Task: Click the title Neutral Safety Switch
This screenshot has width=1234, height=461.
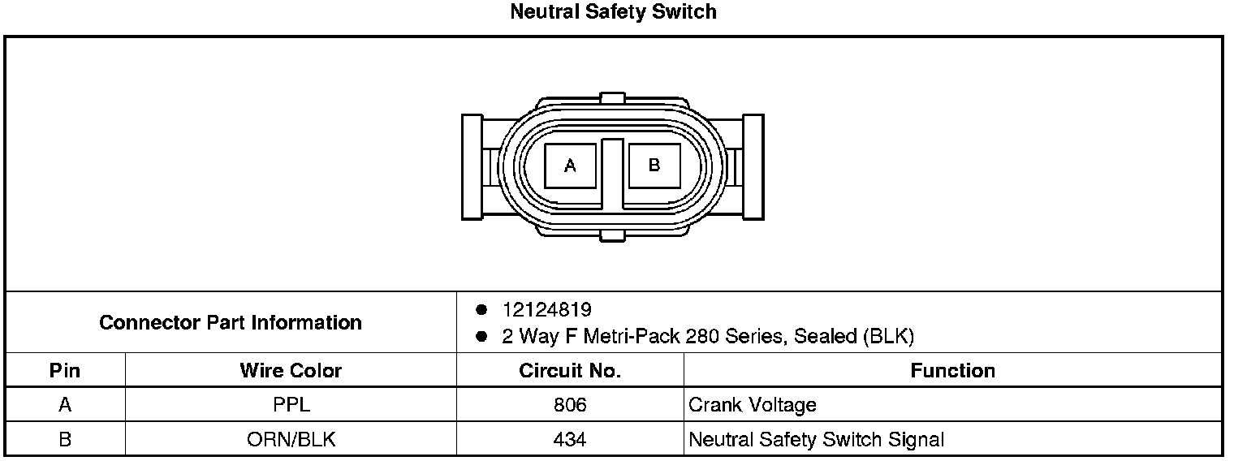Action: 613,11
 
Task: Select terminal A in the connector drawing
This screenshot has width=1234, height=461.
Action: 570,166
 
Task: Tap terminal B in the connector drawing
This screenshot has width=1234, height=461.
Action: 654,166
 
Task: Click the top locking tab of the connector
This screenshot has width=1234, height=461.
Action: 612,98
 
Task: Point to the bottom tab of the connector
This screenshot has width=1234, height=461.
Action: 612,235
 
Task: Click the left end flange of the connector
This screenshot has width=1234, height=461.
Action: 472,167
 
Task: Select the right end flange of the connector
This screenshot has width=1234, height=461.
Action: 753,167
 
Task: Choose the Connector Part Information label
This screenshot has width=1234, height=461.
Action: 231,322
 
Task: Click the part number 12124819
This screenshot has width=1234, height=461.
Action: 547,309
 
